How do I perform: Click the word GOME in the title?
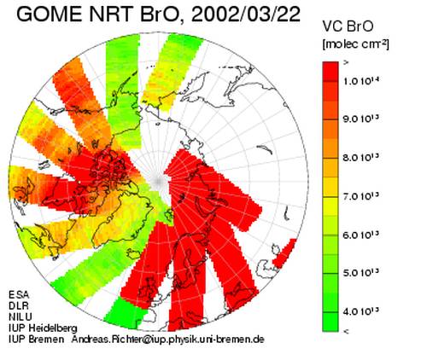click(50, 14)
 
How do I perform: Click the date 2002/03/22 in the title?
click(246, 14)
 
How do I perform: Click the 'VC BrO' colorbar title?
click(348, 26)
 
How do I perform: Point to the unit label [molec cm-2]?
click(356, 44)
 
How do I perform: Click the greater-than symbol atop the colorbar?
click(346, 63)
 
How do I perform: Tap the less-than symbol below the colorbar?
click(346, 331)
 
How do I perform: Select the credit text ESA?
click(19, 294)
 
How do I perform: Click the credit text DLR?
click(19, 305)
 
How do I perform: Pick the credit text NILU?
click(20, 316)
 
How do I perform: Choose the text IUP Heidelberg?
click(43, 328)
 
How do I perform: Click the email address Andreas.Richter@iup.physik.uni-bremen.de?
click(168, 340)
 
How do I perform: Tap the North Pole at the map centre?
click(158, 181)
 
